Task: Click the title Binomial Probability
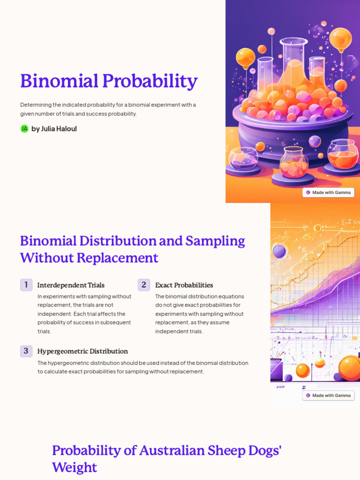[108, 81]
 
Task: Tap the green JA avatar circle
[24, 128]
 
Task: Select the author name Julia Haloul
[54, 128]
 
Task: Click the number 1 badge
[26, 285]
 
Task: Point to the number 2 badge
[144, 285]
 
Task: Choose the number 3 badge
[26, 351]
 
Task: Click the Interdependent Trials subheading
[71, 285]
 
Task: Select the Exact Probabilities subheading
[184, 285]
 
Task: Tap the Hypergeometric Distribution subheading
[82, 351]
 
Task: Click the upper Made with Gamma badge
[328, 192]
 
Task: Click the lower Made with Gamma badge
[328, 395]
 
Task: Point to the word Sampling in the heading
[215, 241]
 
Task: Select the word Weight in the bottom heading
[75, 467]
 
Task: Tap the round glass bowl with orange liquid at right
[343, 154]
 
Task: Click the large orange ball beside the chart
[349, 367]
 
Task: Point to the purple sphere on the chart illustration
[279, 251]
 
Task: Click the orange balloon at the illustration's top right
[340, 38]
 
